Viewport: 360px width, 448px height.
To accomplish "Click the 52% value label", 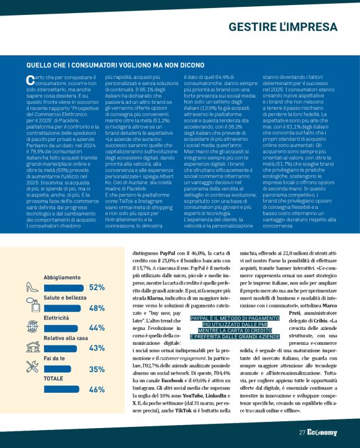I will pos(97,270).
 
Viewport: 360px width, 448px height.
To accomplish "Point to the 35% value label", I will pos(97,369).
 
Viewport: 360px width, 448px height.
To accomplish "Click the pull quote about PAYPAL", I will pos(235,327).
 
